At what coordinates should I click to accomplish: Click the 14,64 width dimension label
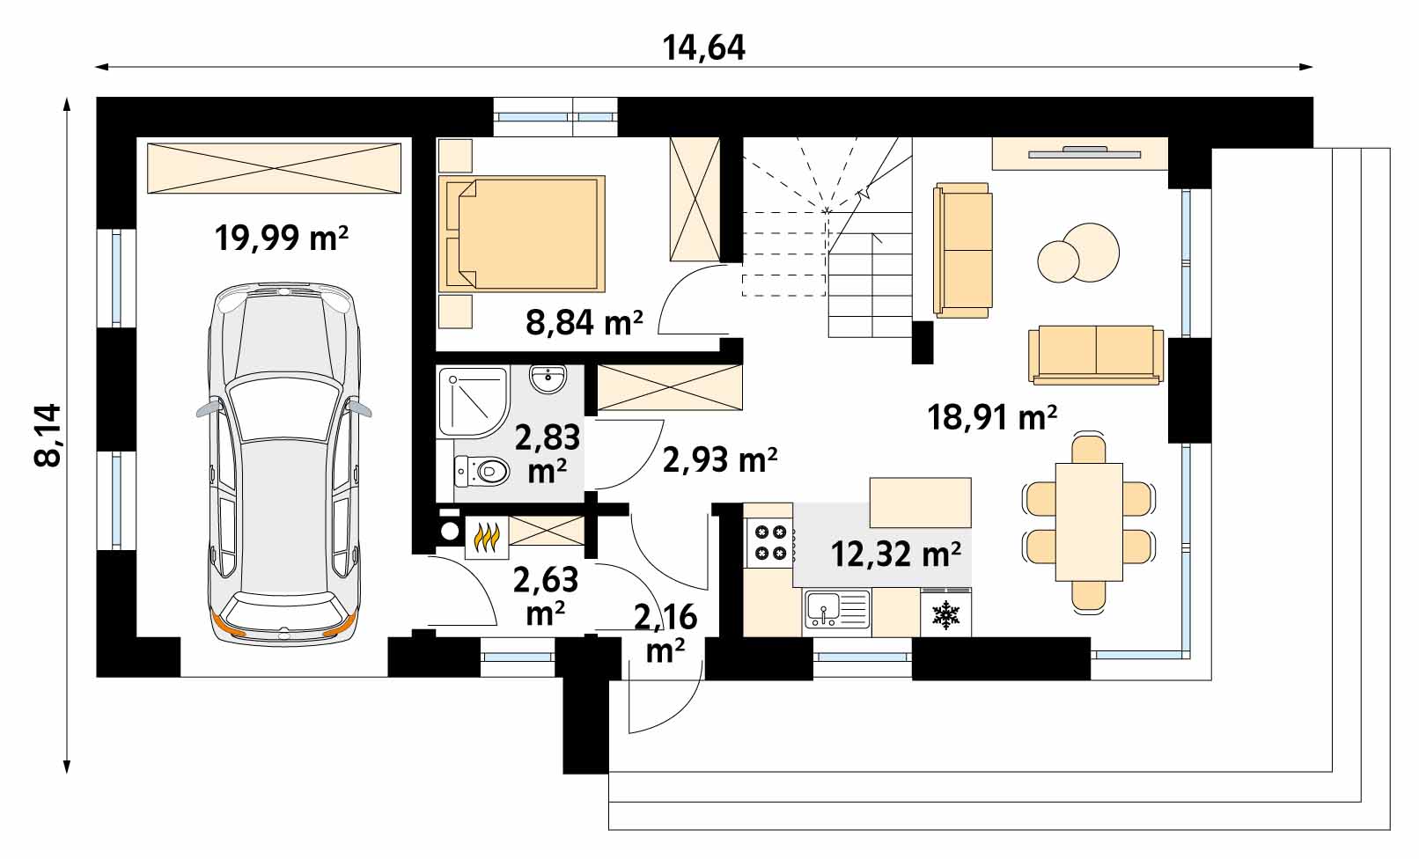pyautogui.click(x=703, y=48)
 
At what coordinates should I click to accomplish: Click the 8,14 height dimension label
pyautogui.click(x=48, y=434)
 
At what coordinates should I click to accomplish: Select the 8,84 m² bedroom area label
pyautogui.click(x=584, y=323)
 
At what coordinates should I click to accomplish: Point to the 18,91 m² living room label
pyautogui.click(x=992, y=417)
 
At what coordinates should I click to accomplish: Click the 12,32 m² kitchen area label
pyautogui.click(x=895, y=554)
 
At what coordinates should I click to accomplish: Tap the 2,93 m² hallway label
pyautogui.click(x=719, y=459)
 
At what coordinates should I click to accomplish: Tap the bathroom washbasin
pyautogui.click(x=549, y=380)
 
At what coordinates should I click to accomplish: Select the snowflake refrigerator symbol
pyautogui.click(x=945, y=614)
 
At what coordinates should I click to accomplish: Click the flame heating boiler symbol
pyautogui.click(x=486, y=538)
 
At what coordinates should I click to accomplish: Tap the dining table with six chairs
pyautogui.click(x=1089, y=521)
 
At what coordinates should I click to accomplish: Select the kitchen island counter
pyautogui.click(x=920, y=502)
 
